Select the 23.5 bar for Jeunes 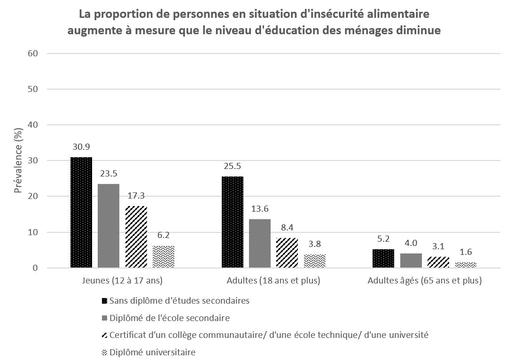click(109, 226)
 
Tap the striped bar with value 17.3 click(136, 237)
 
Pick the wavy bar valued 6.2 click(163, 257)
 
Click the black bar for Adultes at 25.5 click(233, 222)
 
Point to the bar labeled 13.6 click(260, 244)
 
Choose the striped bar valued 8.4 click(287, 253)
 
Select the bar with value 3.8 click(314, 261)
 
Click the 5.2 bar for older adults click(383, 259)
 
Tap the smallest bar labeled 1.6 click(466, 265)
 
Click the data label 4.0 click(411, 243)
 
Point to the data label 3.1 click(438, 246)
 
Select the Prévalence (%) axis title click(18, 161)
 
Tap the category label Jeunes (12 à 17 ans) click(122, 281)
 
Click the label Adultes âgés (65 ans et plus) click(425, 281)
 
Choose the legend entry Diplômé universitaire click(152, 352)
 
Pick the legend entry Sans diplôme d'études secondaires click(179, 300)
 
